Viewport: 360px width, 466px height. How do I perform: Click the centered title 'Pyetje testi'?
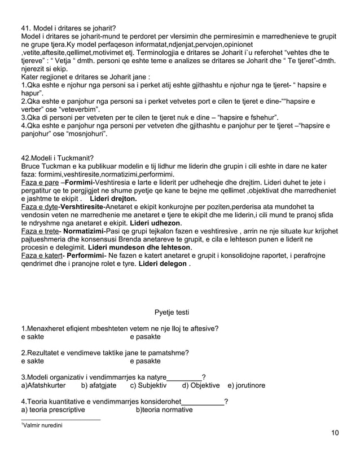172,313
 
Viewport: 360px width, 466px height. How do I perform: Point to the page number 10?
335,433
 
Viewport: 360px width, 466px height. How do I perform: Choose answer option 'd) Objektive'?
201,385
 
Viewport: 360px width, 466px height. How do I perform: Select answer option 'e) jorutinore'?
246,385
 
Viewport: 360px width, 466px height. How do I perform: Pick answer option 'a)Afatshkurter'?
43,385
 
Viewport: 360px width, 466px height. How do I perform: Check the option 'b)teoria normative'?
164,410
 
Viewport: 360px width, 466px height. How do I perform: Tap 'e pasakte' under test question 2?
145,361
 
